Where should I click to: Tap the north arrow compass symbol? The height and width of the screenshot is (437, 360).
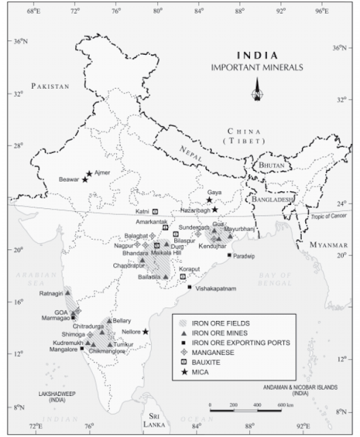click(257, 89)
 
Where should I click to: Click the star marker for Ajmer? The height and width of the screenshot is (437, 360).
click(89, 173)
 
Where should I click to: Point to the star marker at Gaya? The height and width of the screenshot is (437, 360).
click(209, 200)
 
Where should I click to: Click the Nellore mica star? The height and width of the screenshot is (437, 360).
click(146, 332)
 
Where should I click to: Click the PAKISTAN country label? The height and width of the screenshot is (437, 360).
click(51, 86)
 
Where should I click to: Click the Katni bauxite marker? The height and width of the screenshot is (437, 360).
click(155, 212)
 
